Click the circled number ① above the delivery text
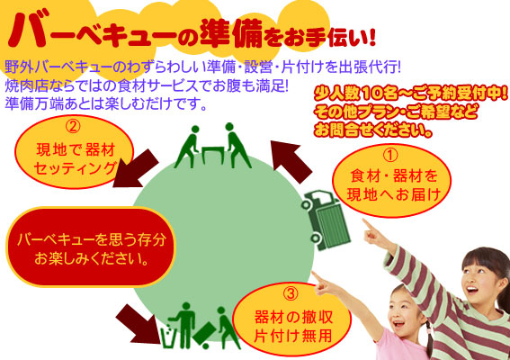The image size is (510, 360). [x=390, y=156]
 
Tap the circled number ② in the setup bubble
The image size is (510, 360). [x=73, y=127]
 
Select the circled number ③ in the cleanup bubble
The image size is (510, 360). [x=291, y=294]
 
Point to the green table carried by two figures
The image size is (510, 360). [x=212, y=155]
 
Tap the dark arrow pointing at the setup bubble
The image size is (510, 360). [x=135, y=169]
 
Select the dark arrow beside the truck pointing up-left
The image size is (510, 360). [x=291, y=160]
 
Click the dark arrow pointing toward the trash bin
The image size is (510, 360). [x=139, y=324]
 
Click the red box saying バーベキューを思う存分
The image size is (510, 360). [x=91, y=247]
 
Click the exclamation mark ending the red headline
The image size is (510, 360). [x=371, y=37]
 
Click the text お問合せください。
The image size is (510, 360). [x=373, y=130]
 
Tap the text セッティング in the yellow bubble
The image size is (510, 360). [x=75, y=168]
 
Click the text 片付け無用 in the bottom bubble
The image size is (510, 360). [x=292, y=336]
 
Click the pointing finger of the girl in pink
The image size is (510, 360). [x=317, y=276]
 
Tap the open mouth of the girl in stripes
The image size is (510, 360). [x=472, y=290]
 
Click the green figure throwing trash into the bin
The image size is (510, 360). [x=184, y=325]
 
